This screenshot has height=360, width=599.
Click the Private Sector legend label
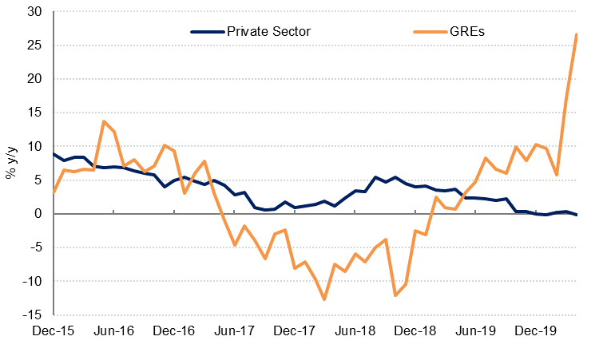268,31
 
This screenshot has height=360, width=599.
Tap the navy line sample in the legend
207,31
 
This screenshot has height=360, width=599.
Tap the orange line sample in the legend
429,31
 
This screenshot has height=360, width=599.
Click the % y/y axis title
10,163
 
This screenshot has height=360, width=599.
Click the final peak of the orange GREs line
577,34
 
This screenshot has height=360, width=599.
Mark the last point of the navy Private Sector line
577,216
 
